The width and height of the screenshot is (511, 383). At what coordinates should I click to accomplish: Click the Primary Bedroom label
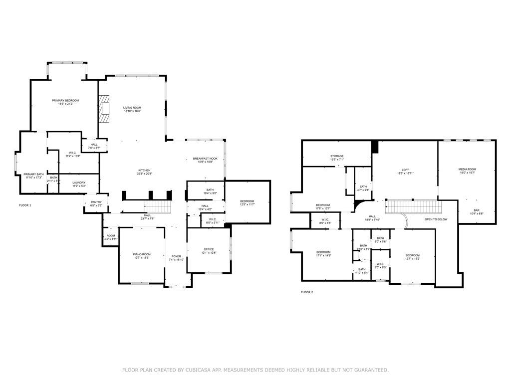[x=65, y=100]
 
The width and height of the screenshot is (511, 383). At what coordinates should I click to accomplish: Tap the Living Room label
[x=132, y=108]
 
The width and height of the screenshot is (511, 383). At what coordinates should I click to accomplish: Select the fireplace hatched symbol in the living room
[x=103, y=109]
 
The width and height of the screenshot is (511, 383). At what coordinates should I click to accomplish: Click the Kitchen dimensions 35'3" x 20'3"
[x=144, y=174]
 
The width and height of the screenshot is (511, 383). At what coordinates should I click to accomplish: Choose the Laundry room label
[x=79, y=183]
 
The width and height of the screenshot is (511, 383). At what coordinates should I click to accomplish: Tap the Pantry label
[x=96, y=202]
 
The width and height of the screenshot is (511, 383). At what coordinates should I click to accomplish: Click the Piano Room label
[x=142, y=254]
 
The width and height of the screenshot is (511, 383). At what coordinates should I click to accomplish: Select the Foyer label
[x=177, y=256]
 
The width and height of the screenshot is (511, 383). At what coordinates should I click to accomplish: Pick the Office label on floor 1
[x=209, y=249]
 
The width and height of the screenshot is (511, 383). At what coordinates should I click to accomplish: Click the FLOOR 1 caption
[x=25, y=205]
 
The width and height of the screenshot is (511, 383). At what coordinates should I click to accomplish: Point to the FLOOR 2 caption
[x=307, y=292]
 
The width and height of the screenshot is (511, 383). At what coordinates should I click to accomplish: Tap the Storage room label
[x=337, y=156]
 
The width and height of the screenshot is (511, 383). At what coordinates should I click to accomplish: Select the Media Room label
[x=468, y=169]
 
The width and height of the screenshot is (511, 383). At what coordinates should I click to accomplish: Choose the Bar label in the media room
[x=477, y=210]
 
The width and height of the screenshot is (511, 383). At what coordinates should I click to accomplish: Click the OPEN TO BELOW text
[x=436, y=219]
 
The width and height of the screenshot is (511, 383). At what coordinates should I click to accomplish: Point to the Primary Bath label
[x=34, y=174]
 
